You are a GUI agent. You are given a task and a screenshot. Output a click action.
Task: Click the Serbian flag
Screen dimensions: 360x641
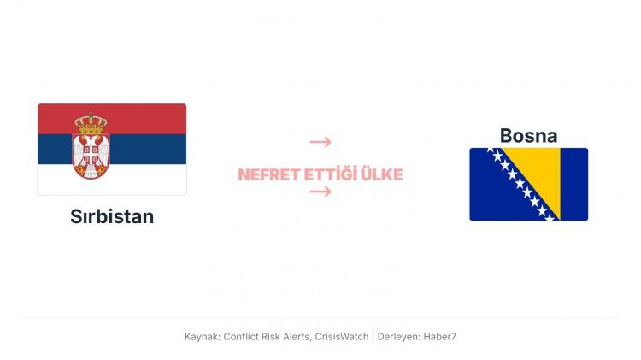(x=112, y=149)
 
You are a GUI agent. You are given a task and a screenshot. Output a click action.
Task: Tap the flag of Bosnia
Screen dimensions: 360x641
(x=528, y=184)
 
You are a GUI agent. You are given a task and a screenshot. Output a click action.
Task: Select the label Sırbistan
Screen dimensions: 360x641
(x=112, y=216)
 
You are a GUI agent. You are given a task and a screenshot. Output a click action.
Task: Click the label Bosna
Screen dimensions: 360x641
(x=528, y=135)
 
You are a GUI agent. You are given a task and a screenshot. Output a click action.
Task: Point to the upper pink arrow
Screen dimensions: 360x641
(x=320, y=142)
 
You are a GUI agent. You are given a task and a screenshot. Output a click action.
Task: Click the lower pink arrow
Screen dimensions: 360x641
(x=320, y=192)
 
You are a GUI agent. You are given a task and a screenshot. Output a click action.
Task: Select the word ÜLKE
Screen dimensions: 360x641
(x=380, y=175)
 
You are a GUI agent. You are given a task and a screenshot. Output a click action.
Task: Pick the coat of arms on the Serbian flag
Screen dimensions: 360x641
(x=90, y=147)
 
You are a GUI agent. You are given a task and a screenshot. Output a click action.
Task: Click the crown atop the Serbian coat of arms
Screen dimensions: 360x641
(x=90, y=122)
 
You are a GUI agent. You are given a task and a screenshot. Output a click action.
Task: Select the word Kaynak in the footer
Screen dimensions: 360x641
(x=201, y=337)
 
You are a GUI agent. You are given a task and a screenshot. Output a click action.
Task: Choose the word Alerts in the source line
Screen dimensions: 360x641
(x=293, y=337)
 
